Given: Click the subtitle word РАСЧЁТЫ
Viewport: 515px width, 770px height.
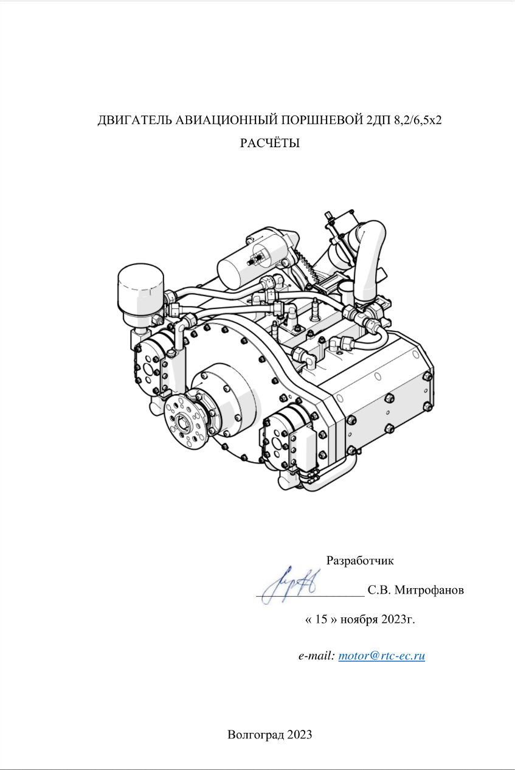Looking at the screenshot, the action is pyautogui.click(x=270, y=143).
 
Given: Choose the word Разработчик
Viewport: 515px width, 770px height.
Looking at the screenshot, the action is pyautogui.click(x=360, y=561).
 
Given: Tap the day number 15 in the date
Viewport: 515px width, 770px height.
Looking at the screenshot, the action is pyautogui.click(x=321, y=619).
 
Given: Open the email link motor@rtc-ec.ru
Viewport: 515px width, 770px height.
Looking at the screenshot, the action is pyautogui.click(x=382, y=656).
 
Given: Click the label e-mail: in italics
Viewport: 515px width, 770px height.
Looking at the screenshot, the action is pyautogui.click(x=316, y=656).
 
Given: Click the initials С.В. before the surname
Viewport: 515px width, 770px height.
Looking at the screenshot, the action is pyautogui.click(x=379, y=590).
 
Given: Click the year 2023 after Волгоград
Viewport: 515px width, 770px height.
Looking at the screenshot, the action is pyautogui.click(x=300, y=735).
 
